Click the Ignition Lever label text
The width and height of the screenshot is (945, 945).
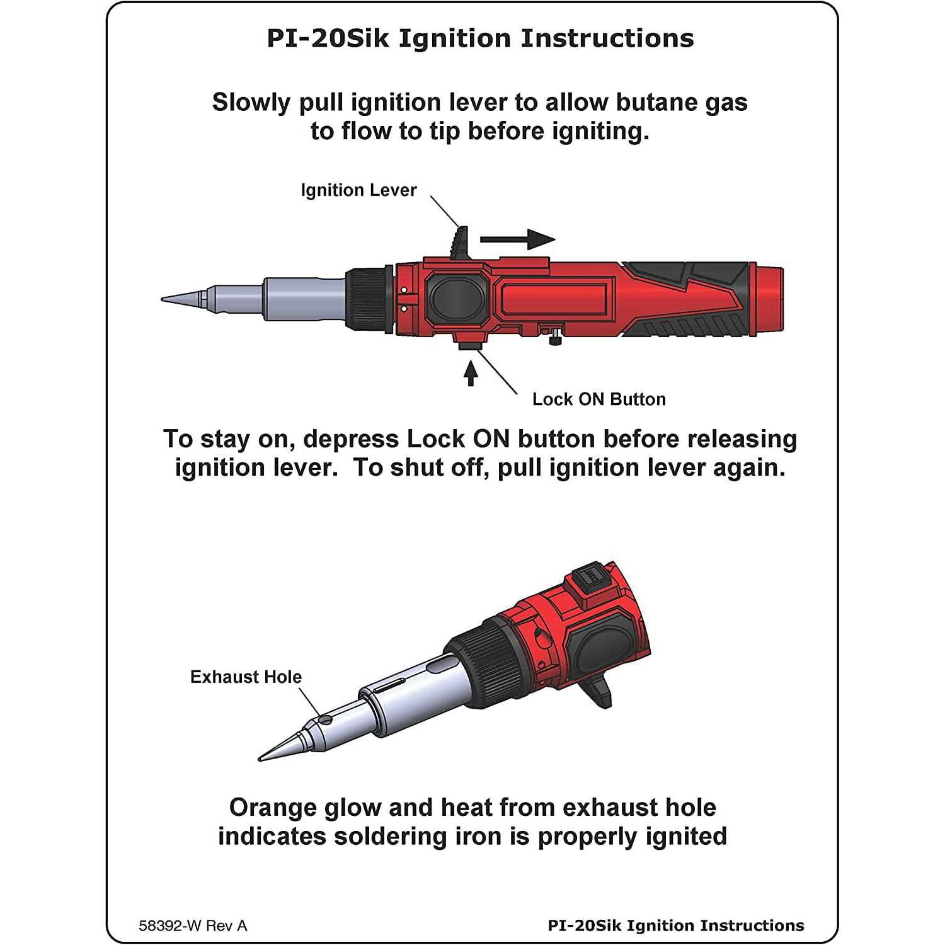[x=358, y=190]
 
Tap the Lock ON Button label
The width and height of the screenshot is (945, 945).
[x=598, y=399]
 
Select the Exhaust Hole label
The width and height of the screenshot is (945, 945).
[x=246, y=677]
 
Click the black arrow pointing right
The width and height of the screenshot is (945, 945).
[x=517, y=239]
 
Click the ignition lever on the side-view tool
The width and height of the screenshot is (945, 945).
[x=461, y=242]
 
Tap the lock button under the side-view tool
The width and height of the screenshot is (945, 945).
[x=470, y=345]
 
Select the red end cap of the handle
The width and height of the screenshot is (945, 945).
[x=769, y=299]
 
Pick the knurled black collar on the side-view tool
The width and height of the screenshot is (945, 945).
[x=369, y=299]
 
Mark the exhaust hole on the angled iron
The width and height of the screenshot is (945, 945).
[x=325, y=719]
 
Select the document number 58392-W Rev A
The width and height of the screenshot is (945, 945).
[x=193, y=925]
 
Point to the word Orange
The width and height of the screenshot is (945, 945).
[x=273, y=808]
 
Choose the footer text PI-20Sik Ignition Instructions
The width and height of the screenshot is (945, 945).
[x=675, y=925]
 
